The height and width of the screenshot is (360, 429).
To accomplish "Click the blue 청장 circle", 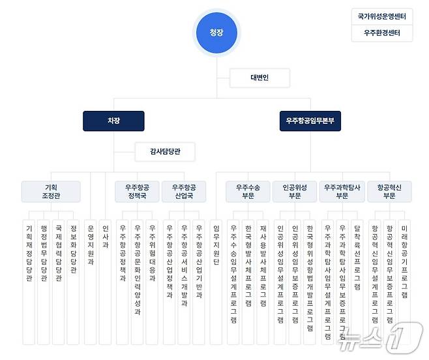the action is tap(215, 31).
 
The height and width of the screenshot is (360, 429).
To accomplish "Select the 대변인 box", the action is tap(259, 78).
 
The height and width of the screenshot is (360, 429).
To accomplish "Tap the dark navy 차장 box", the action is tap(114, 121).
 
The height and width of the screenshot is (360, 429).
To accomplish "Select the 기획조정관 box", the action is tap(51, 191).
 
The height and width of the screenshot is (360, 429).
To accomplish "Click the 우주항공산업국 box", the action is tap(184, 191).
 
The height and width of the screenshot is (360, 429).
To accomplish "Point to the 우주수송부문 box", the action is tap(248, 191).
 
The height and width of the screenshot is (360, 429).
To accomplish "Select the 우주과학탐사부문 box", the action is tap(342, 191).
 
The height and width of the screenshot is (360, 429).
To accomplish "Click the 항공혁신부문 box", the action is tap(389, 191).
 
